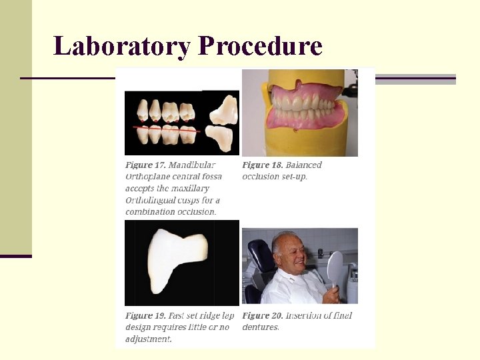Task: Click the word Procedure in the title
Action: click(260, 46)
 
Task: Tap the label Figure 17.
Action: click(145, 165)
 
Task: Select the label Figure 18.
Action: click(261, 165)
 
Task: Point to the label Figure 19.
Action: click(145, 315)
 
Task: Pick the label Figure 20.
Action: click(262, 315)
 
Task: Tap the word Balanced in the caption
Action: click(303, 165)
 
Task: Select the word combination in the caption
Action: click(149, 212)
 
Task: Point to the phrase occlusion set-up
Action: click(274, 177)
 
